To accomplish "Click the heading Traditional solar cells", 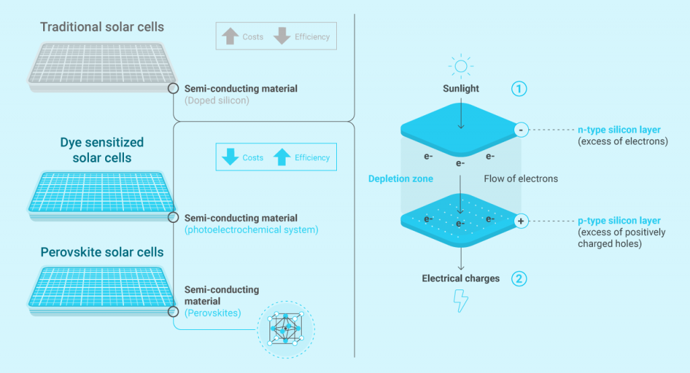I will point(102,27).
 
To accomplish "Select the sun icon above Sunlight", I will point(461,67).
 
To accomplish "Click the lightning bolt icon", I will point(461,301).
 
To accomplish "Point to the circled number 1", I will point(519,88).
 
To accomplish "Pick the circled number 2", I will point(519,278).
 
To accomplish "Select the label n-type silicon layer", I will point(619,129).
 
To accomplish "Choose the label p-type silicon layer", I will point(619,221).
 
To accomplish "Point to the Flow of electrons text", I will point(521,179).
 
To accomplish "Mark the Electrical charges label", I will point(461,278).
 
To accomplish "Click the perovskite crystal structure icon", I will point(286,328).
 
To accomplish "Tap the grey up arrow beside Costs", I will point(231,36).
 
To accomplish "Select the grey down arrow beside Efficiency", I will point(282,36).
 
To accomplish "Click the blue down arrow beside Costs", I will point(231,158).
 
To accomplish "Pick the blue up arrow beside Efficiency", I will point(282,158).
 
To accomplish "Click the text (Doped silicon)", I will point(217,101).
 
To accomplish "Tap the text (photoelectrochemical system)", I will point(251,230).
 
